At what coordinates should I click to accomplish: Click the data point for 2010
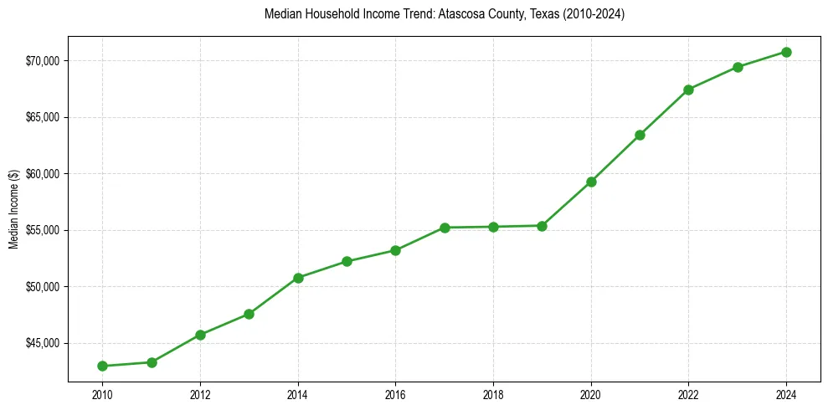coord(102,366)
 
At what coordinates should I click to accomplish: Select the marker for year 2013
coord(249,314)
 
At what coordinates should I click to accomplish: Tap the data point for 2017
coord(445,228)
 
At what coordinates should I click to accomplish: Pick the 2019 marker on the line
coord(542,226)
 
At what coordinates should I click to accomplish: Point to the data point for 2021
coord(640,135)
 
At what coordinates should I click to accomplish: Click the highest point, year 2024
coord(787,52)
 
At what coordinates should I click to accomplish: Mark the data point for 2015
coord(347,261)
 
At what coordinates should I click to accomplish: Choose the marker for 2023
coord(738,67)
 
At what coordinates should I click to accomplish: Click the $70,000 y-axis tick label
coord(41,60)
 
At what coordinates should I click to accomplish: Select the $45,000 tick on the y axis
coord(41,343)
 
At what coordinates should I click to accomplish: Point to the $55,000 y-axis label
coord(41,230)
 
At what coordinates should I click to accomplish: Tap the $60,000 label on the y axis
coord(41,173)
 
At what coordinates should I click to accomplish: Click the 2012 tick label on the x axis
coord(200,393)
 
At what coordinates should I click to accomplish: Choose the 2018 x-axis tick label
coord(493,393)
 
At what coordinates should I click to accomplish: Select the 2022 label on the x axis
coord(688,393)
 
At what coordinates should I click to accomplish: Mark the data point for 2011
coord(152,362)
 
